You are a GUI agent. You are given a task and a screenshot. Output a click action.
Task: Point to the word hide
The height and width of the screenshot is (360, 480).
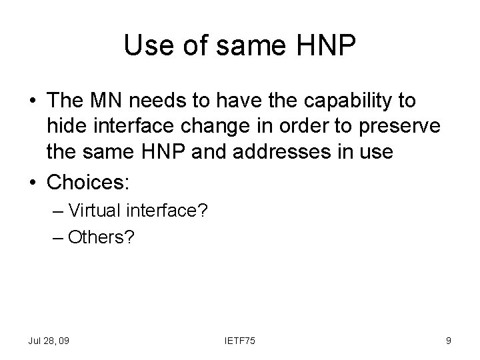[x=64, y=127]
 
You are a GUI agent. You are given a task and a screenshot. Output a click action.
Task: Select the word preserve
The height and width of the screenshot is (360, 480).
[x=378, y=127]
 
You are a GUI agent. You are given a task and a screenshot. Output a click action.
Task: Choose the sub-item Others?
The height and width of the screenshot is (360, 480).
[x=100, y=237]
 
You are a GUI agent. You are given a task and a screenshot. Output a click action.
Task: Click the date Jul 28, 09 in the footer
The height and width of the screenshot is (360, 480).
[x=49, y=341]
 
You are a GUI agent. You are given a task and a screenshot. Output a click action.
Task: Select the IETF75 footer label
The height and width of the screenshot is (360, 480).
[x=239, y=341]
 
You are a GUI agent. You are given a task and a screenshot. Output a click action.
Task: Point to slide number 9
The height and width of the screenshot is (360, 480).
[x=449, y=341]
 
